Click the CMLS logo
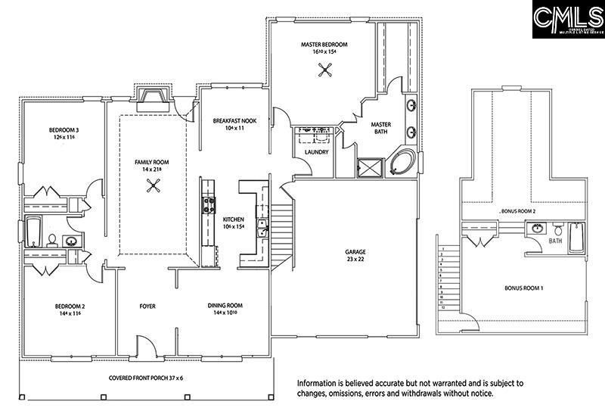coord(566,20)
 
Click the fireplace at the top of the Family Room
coord(154,95)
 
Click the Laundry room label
coord(315,152)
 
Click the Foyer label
coord(147,307)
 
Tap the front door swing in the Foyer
coord(147,344)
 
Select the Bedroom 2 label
coord(69,310)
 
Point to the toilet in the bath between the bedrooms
coord(52,241)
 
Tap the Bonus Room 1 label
coord(523,288)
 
